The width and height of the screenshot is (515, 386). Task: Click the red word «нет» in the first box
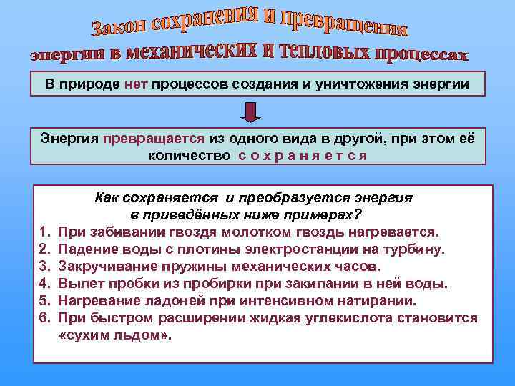tap(135, 84)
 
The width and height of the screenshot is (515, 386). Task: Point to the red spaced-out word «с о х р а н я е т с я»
tap(303, 155)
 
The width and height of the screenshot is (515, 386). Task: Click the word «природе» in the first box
tap(94, 84)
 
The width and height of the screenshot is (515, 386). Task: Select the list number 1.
tap(44, 232)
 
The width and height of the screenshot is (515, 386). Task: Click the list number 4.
tap(44, 284)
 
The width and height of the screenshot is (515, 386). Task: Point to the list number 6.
tap(44, 318)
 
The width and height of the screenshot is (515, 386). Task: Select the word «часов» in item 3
tap(358, 267)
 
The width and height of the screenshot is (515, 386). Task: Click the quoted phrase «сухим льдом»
tap(114, 335)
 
